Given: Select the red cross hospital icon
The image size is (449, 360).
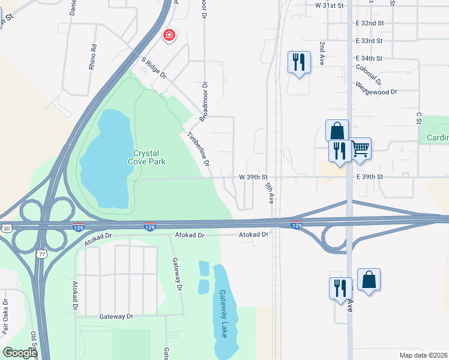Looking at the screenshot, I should [170, 35].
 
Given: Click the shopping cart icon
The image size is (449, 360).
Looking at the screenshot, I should [360, 148].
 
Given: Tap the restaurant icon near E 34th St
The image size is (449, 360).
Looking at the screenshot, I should [299, 61].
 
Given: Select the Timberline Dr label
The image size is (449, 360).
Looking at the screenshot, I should [199, 149].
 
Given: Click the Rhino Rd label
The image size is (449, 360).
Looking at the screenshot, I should [93, 57].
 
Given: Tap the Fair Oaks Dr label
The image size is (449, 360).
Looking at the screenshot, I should [5, 316].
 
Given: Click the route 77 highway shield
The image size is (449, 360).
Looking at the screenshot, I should [40, 254].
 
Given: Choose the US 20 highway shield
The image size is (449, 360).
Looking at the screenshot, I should [5, 228].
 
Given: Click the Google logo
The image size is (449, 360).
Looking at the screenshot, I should [20, 352].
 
